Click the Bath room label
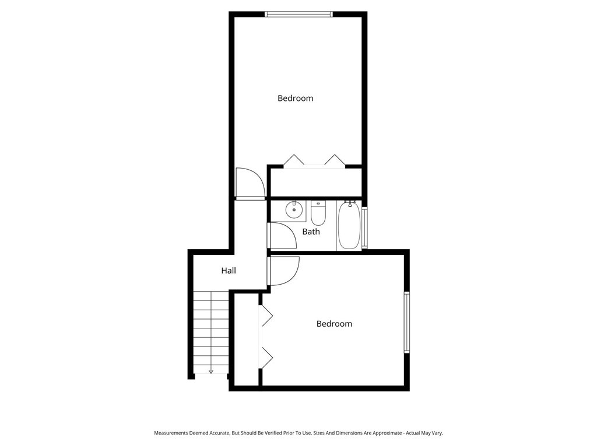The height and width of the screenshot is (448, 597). [x=311, y=232]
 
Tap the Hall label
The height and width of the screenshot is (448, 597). [x=229, y=271]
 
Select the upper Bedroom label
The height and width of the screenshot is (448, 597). [x=295, y=99]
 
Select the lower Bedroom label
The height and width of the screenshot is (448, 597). [x=334, y=324]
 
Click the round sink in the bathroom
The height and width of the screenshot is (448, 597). [x=294, y=209]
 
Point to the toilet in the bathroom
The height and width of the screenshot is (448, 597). [x=318, y=214]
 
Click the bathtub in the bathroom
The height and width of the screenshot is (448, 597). [x=349, y=226]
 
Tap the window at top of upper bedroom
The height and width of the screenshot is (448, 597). [x=298, y=14]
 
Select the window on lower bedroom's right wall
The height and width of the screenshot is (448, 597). [x=407, y=322]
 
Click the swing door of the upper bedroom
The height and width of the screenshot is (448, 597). [x=248, y=183]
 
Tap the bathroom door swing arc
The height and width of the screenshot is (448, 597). [x=282, y=236]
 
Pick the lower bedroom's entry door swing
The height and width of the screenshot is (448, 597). [x=283, y=271]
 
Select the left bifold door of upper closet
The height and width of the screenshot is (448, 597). [x=294, y=160]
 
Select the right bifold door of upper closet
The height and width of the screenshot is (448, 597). [x=335, y=160]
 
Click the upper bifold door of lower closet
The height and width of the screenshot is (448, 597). [x=266, y=316]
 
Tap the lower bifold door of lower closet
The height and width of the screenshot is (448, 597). [x=266, y=357]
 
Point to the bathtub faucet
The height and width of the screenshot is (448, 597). [x=350, y=204]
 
